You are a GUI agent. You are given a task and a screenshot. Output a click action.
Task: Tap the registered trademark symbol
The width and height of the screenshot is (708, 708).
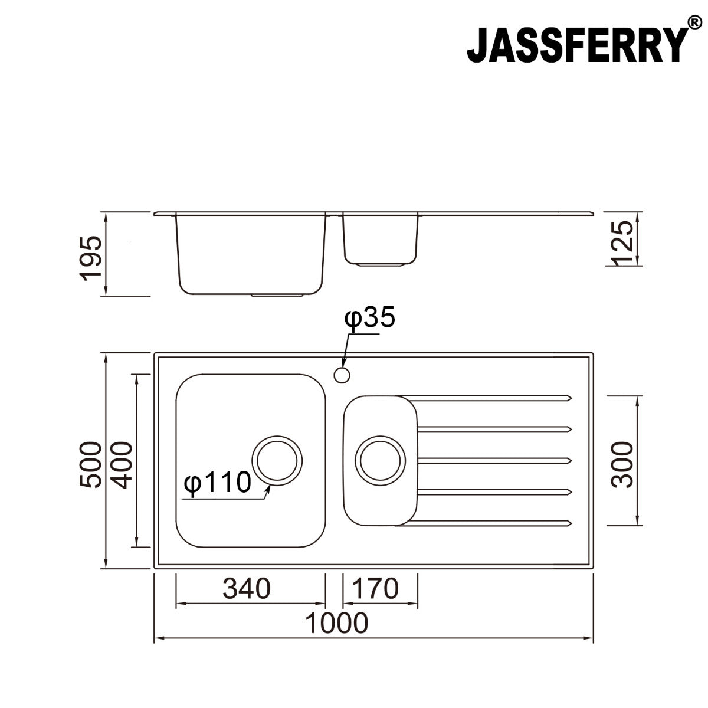tap(695, 23)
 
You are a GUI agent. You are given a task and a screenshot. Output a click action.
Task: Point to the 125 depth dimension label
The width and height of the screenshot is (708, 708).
tap(622, 243)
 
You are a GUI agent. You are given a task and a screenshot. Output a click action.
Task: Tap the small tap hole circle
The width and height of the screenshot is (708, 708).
tap(342, 375)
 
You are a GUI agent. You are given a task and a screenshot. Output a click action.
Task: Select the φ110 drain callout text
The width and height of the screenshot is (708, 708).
tap(217, 483)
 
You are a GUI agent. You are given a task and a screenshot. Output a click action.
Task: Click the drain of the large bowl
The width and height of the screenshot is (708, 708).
tap(277, 461)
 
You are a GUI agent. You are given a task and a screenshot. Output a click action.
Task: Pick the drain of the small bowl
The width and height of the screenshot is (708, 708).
tap(381, 461)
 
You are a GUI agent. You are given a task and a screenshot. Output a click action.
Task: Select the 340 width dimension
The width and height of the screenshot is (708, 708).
tap(247, 588)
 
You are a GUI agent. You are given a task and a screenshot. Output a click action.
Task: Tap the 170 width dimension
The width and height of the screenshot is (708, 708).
tap(376, 588)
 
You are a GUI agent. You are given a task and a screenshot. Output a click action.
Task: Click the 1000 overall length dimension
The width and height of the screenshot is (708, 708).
tap(337, 623)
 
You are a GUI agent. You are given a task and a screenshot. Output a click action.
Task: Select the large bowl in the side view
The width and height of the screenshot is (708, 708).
tap(251, 254)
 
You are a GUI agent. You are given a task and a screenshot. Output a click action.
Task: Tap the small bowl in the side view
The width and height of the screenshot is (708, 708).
tap(381, 239)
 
